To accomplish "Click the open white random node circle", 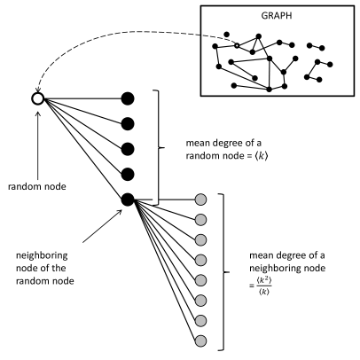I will [x=37, y=98].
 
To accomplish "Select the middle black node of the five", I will [x=128, y=148].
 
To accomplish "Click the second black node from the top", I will [x=128, y=122].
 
